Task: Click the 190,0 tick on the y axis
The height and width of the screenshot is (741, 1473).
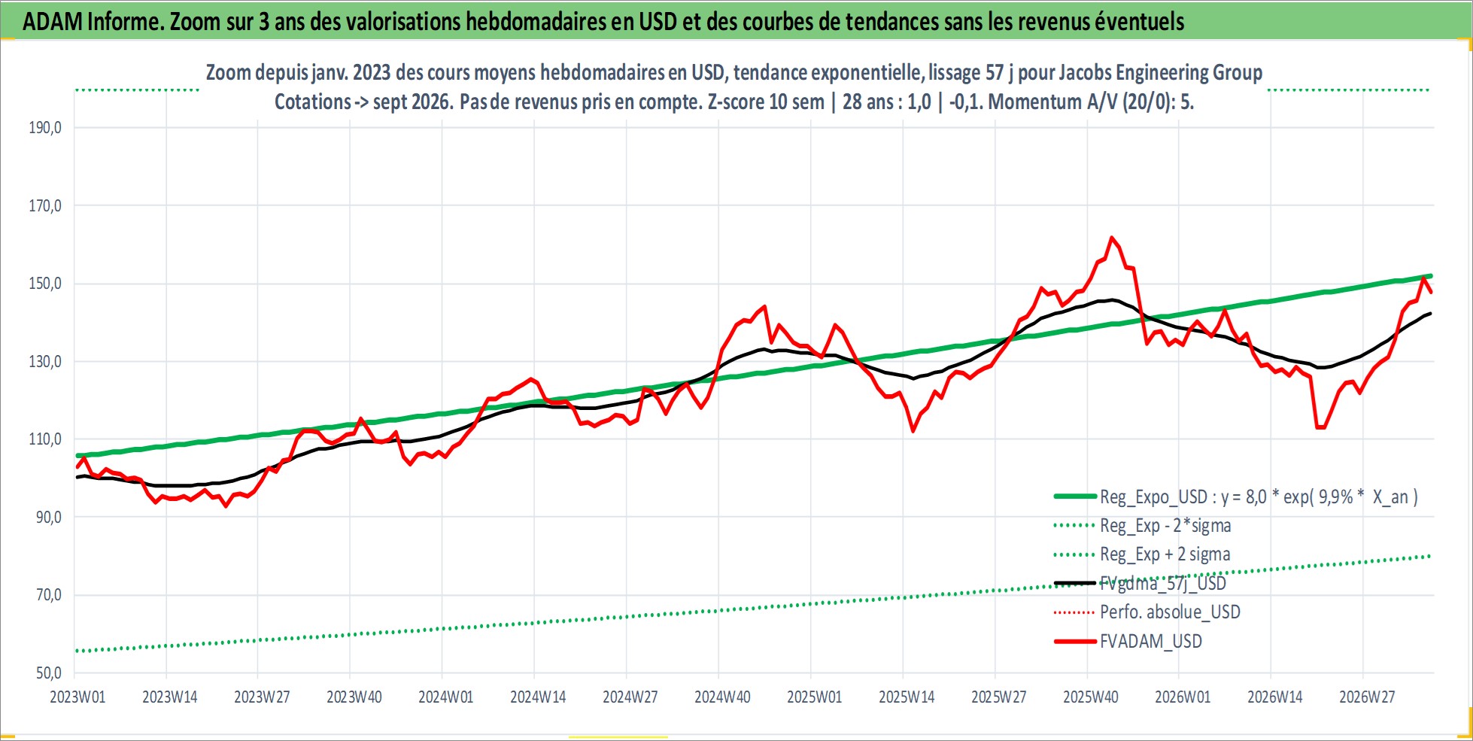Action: coord(45,128)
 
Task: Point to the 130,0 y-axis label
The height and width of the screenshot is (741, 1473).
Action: coord(45,362)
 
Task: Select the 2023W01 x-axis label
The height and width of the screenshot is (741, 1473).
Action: coord(77,697)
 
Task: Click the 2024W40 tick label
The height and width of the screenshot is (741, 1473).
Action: coord(722,697)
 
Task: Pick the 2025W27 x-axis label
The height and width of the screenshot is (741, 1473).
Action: coord(999,697)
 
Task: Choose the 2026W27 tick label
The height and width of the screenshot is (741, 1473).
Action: coord(1367,697)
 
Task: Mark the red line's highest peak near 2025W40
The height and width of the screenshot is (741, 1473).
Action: coord(1112,238)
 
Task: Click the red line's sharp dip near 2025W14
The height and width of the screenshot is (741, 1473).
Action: coord(913,431)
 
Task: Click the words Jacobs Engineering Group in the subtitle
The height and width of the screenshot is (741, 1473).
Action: coord(1161,73)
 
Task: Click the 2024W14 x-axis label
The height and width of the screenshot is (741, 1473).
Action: coord(538,697)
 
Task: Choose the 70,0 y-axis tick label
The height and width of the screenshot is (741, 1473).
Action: coord(45,595)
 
